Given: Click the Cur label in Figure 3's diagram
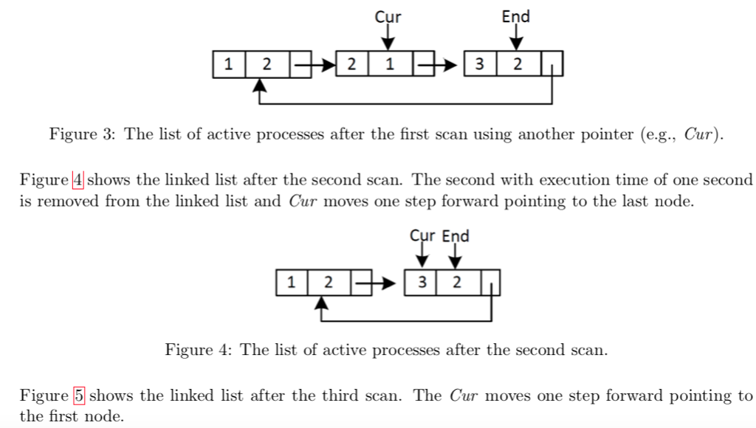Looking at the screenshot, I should [388, 16].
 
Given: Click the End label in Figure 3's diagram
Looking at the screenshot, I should [515, 16].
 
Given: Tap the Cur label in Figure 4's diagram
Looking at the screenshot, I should [423, 236].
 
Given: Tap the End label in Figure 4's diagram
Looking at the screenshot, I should [456, 236].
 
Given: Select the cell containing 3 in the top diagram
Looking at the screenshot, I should [480, 64].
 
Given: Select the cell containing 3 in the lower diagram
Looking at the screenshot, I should [422, 282].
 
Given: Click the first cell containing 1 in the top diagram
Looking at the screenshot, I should [229, 64].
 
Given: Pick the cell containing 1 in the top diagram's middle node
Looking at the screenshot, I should [388, 64].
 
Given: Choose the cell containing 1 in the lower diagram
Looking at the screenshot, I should [292, 282].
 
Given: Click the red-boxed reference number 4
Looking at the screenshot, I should [78, 179].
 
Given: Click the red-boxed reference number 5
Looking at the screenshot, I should [79, 396].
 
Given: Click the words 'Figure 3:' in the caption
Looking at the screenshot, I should [83, 134].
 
